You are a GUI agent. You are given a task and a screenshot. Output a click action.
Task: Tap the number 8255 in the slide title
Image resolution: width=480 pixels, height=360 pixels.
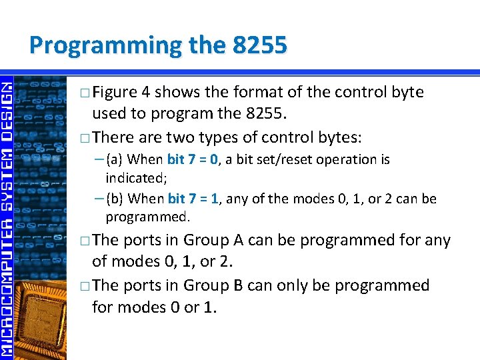(x=260, y=45)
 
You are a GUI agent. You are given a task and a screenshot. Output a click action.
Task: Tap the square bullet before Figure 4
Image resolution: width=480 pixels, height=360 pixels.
(x=83, y=93)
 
